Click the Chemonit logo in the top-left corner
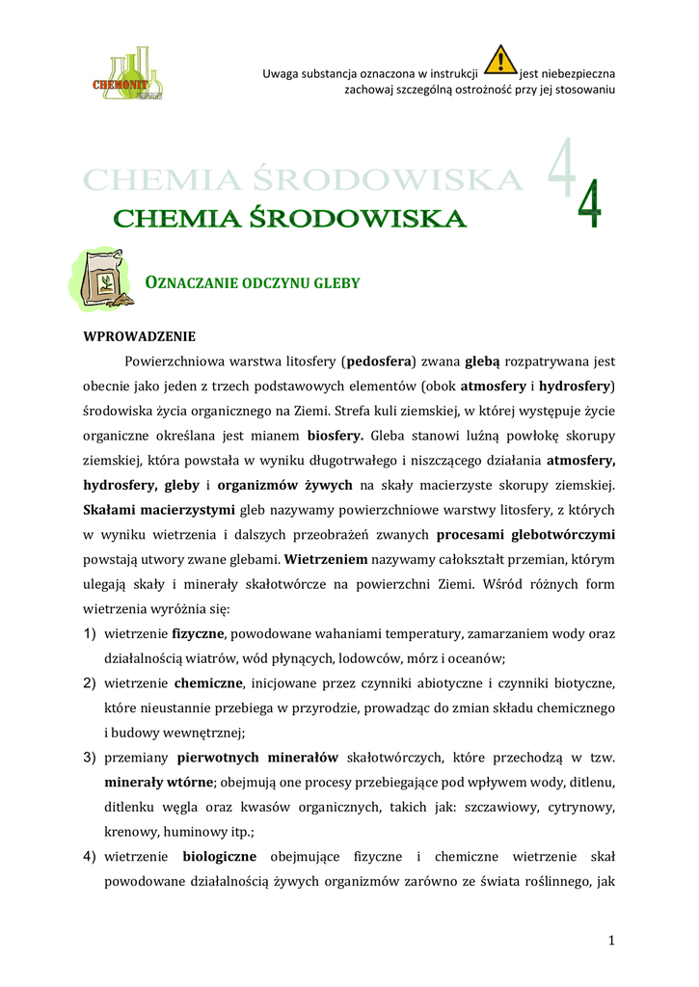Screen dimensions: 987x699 (x=127, y=73)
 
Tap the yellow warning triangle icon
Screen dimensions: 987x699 (x=499, y=61)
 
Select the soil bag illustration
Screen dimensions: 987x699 (x=101, y=280)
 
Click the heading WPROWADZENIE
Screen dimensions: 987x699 (x=140, y=336)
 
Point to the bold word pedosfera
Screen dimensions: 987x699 (x=379, y=362)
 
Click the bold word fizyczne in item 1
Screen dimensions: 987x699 (x=198, y=634)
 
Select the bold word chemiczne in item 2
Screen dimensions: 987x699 (x=208, y=684)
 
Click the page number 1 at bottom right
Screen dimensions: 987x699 (x=611, y=941)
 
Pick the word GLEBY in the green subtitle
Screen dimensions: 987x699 (x=338, y=283)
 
